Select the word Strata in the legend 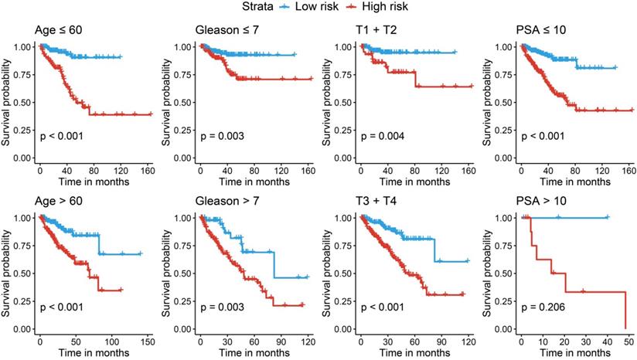click(256, 7)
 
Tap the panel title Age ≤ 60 click(59, 31)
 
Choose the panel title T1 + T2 click(378, 31)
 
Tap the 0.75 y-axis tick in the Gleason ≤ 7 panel click(183, 76)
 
